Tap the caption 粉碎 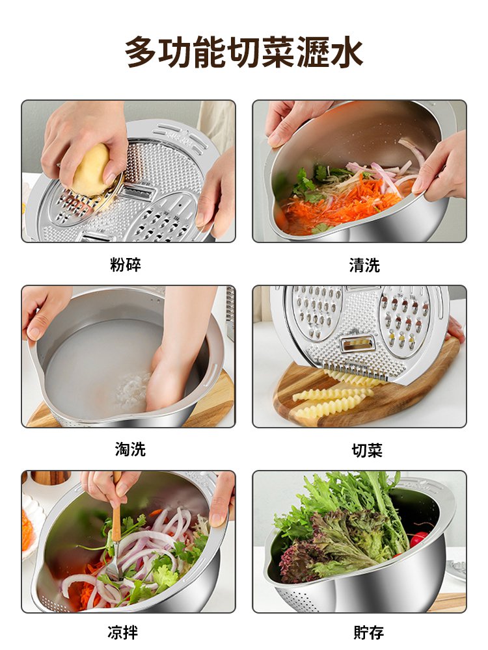(125, 265)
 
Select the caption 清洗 (364, 265)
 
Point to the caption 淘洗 (130, 449)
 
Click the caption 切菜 (367, 450)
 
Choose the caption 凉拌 (122, 632)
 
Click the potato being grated (92, 170)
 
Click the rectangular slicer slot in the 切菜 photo (355, 344)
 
